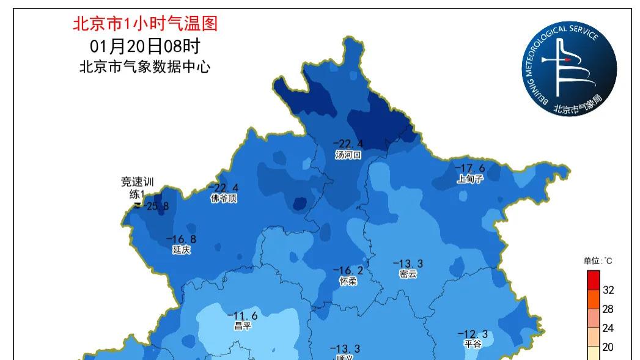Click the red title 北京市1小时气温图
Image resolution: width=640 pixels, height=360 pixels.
[x=145, y=24]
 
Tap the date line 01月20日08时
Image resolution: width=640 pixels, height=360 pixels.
[x=145, y=46]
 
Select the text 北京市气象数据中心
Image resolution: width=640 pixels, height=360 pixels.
[x=145, y=67]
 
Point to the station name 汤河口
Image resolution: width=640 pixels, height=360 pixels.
[x=348, y=155]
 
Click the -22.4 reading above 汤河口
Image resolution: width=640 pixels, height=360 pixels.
[x=348, y=144]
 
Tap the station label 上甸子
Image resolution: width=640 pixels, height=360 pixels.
[x=470, y=179]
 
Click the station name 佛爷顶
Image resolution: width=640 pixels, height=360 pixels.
[x=224, y=199]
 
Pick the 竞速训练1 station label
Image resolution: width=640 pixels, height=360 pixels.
[x=139, y=188]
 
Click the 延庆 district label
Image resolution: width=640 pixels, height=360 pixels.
[x=182, y=249]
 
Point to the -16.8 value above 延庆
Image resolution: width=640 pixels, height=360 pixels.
[x=182, y=239]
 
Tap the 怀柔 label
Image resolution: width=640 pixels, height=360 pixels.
[x=348, y=281]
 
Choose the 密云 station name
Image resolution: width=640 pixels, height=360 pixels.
[x=408, y=274]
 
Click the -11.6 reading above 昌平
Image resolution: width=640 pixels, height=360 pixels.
[x=243, y=315]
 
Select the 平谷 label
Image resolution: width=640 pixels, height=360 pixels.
[x=473, y=344]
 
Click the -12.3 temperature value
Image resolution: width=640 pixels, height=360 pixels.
[x=473, y=334]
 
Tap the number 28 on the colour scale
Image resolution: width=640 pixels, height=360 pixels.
[x=608, y=309]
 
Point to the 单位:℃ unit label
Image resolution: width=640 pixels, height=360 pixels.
[x=597, y=261]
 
